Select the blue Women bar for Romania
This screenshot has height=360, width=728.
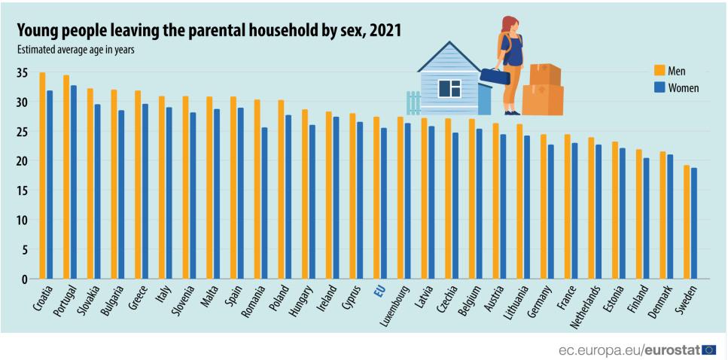pyautogui.click(x=264, y=203)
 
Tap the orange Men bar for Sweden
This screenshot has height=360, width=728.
pyautogui.click(x=687, y=222)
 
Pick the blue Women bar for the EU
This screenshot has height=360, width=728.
pyautogui.click(x=384, y=203)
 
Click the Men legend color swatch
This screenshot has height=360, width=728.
pyautogui.click(x=659, y=70)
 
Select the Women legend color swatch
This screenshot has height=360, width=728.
pyautogui.click(x=659, y=87)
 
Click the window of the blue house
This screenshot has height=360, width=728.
pyautogui.click(x=449, y=88)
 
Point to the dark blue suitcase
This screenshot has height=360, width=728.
pyautogui.click(x=495, y=76)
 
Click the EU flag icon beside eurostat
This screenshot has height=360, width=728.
pyautogui.click(x=708, y=349)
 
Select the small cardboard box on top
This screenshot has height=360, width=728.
pyautogui.click(x=545, y=74)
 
